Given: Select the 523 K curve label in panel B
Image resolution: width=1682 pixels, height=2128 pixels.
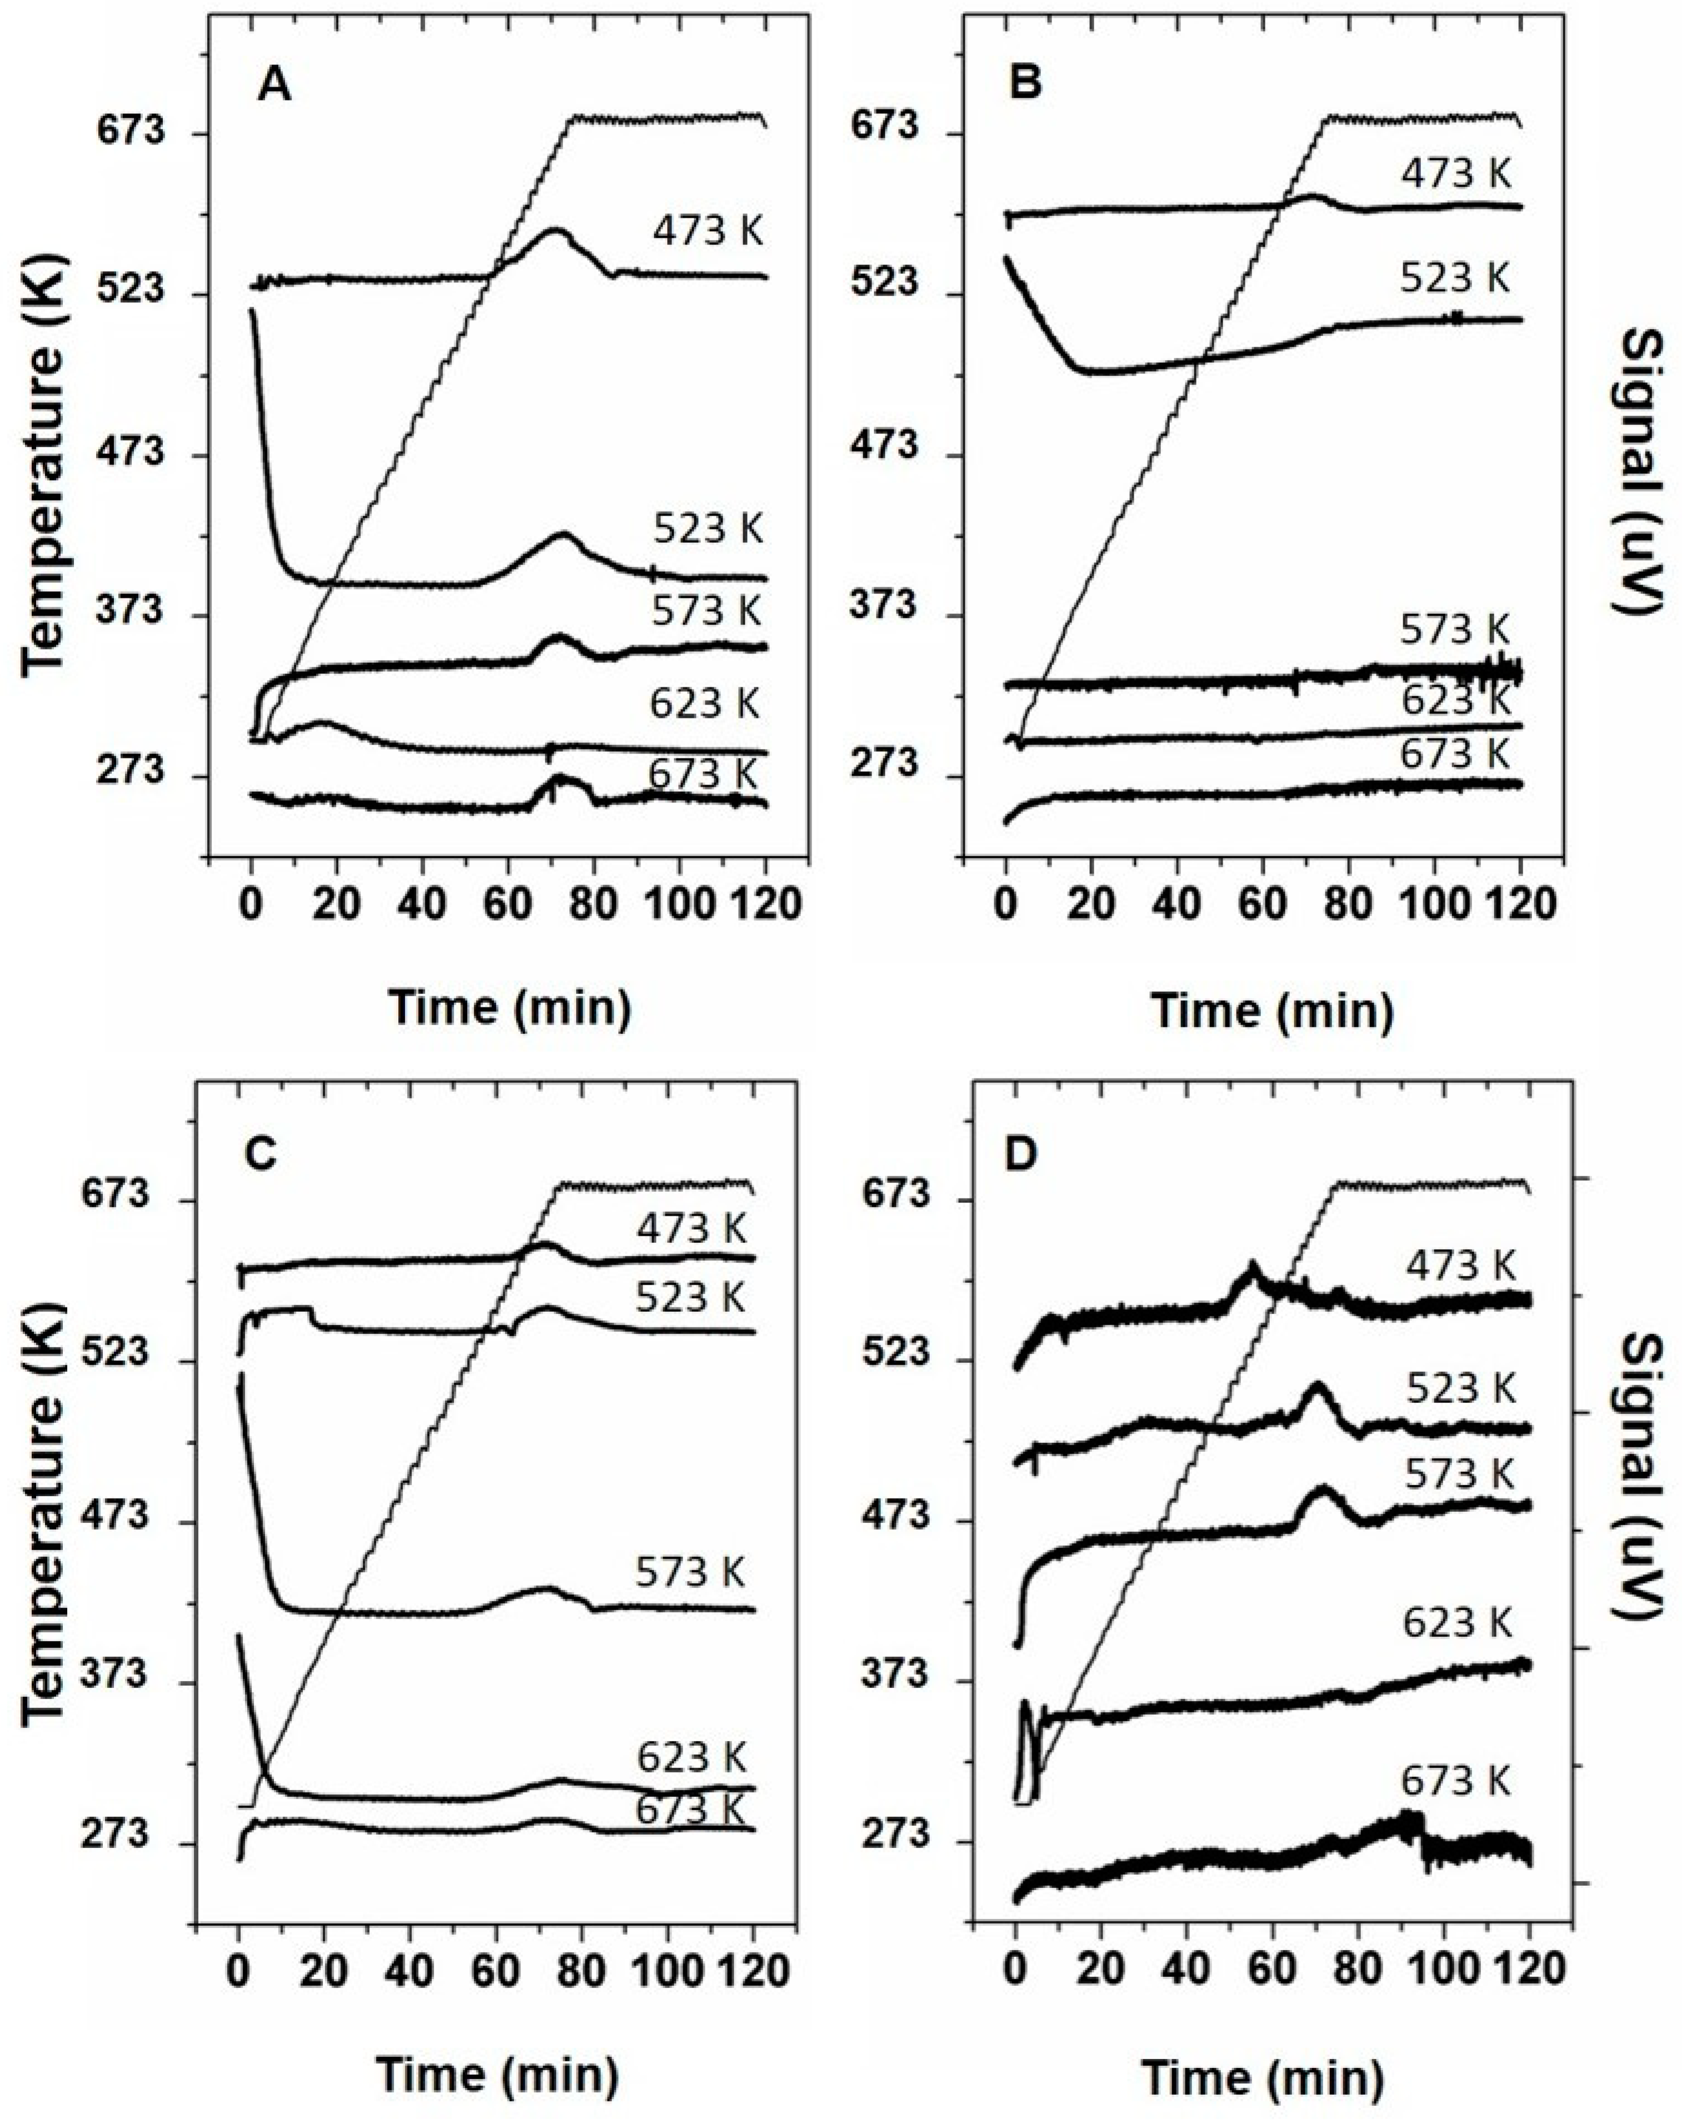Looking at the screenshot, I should (1454, 279).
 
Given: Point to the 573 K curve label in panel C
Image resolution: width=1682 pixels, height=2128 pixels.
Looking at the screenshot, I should (692, 1572).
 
